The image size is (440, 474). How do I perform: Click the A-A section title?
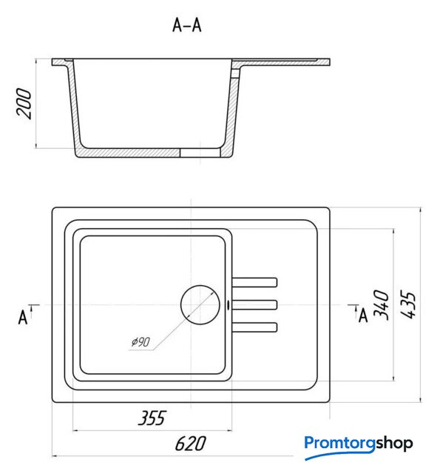click(187, 24)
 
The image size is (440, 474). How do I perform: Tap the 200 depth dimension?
click(24, 104)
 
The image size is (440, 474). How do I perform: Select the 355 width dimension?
click(152, 418)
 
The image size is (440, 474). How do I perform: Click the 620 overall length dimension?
click(191, 444)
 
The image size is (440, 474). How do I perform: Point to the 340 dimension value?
click(381, 304)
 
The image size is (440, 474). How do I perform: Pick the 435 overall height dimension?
click(407, 304)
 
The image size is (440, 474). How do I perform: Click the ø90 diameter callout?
click(141, 342)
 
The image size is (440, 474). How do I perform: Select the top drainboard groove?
click(254, 282)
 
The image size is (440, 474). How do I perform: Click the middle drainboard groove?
click(254, 304)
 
